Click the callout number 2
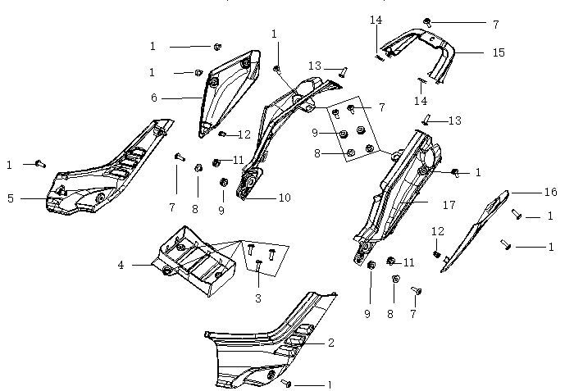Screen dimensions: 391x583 pyautogui.click(x=331, y=343)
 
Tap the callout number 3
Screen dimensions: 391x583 pyautogui.click(x=257, y=298)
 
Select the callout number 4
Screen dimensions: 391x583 pyautogui.click(x=121, y=265)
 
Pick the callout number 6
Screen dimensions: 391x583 pyautogui.click(x=153, y=98)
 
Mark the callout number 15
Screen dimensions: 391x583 pyautogui.click(x=499, y=52)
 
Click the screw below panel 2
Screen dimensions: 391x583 pyautogui.click(x=286, y=383)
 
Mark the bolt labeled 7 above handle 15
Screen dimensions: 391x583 pyautogui.click(x=427, y=20)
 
